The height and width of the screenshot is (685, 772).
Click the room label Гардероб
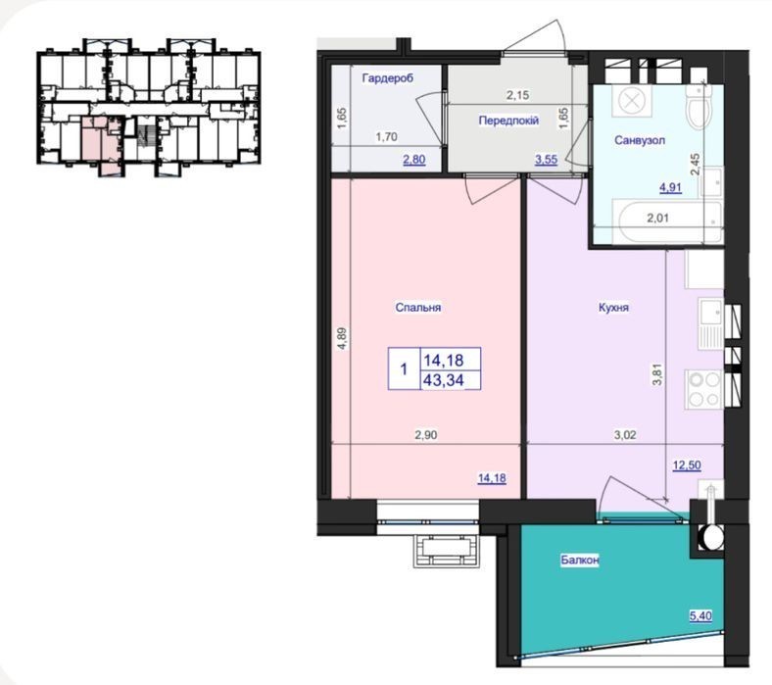coord(388,77)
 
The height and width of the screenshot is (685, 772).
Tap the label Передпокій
coord(508,121)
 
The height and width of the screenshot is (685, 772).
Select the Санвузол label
coord(640,140)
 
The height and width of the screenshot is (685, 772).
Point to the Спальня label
coord(418,308)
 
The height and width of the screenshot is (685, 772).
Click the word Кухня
coord(613,308)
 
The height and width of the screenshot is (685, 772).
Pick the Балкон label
coord(580,560)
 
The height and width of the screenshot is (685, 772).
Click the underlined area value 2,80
coord(414,160)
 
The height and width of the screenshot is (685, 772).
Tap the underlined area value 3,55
coord(546,160)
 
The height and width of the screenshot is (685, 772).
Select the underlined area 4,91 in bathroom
coord(670,187)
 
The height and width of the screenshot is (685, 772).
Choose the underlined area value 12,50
coord(687,465)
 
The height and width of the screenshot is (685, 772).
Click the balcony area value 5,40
coord(700,616)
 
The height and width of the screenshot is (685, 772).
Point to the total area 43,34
coord(444,380)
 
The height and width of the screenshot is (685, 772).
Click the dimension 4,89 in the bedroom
coord(343,339)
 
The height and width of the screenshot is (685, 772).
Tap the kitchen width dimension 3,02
coord(625,435)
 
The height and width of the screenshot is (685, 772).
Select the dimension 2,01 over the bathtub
coord(657,218)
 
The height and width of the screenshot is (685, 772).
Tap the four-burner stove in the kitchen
coord(703,389)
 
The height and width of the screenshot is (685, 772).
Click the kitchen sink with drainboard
coord(711,324)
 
